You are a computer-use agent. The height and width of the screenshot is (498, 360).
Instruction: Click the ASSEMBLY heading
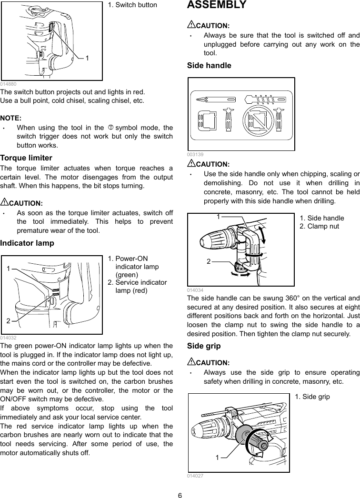point(217,5)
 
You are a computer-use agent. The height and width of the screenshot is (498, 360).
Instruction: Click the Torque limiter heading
point(26,158)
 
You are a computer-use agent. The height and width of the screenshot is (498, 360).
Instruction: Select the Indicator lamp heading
point(27,243)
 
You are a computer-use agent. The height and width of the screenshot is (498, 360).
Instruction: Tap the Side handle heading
point(209,65)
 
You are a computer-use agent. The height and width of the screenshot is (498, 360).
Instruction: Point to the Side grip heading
point(205,346)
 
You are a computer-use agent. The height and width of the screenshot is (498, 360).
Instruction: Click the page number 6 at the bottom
point(180,494)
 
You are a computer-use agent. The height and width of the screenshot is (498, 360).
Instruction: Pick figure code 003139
point(195,154)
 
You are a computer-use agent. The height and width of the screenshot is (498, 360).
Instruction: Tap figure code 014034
point(195,289)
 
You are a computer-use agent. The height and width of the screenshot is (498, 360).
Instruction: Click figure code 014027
point(195,476)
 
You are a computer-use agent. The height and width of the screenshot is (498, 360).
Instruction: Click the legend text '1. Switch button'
point(132,5)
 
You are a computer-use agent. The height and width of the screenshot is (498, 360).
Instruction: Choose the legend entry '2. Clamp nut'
point(319,226)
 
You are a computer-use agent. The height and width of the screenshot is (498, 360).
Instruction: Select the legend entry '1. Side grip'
point(312,396)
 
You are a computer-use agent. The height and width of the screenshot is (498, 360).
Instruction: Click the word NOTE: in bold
point(10,118)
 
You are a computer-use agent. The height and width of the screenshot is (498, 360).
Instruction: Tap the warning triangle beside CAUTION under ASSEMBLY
point(191,25)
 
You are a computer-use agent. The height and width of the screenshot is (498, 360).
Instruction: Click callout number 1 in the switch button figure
point(87,58)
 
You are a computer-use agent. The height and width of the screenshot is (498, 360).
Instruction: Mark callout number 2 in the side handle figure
point(208,261)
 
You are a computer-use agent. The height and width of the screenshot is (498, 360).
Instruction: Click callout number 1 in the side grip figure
point(217,458)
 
